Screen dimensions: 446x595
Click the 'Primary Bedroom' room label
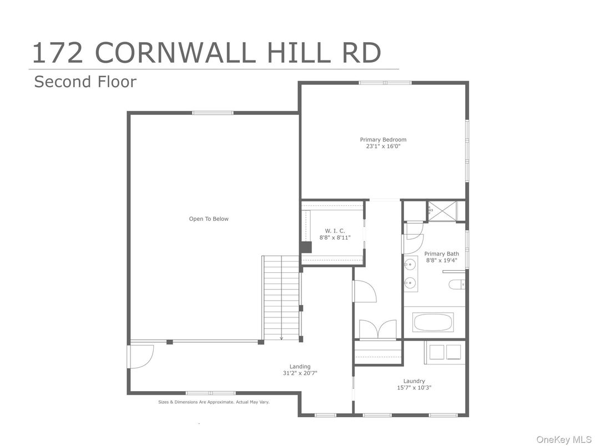tap(383, 140)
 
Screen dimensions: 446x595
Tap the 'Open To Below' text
tap(209, 219)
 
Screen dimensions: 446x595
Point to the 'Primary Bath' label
tap(442, 254)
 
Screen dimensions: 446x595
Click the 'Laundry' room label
tap(414, 381)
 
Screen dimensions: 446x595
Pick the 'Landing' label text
tap(300, 366)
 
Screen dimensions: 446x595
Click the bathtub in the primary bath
tap(433, 322)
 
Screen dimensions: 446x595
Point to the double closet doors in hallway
tap(377, 329)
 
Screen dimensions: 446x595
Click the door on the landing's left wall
tap(140, 356)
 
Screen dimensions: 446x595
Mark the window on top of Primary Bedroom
tap(385, 83)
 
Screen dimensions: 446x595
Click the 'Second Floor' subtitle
tap(85, 82)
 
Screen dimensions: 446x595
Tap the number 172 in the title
tap(58, 52)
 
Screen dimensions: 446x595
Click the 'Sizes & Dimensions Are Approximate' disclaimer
tap(214, 402)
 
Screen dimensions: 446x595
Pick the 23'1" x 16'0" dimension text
tap(383, 147)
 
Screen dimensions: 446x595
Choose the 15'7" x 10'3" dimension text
tap(414, 388)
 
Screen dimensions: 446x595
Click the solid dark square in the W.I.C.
tap(306, 247)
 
